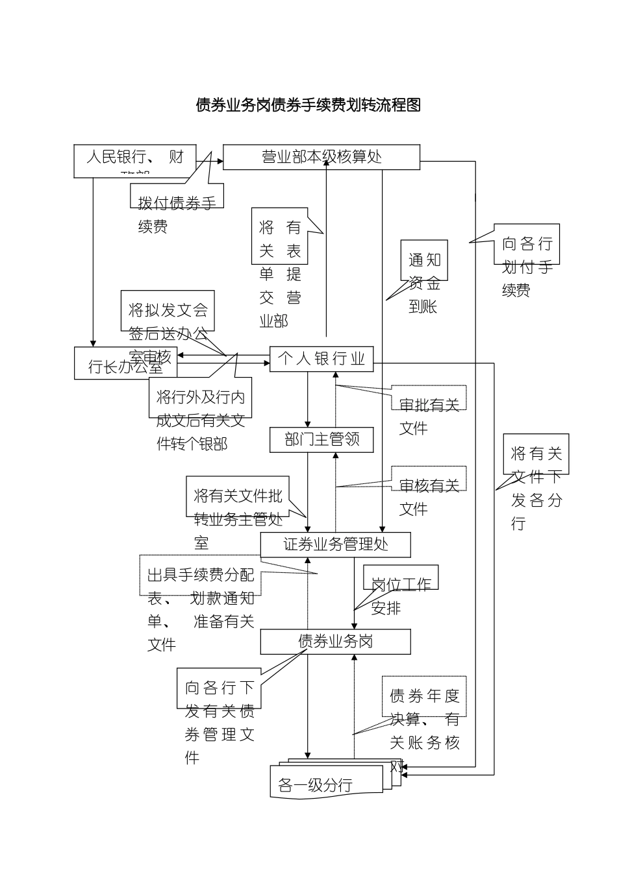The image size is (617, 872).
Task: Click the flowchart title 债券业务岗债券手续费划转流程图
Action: pyautogui.click(x=308, y=105)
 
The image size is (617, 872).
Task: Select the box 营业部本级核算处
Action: pyautogui.click(x=321, y=157)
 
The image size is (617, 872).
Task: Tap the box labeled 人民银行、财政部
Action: pyautogui.click(x=135, y=160)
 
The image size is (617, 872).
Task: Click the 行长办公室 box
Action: pyautogui.click(x=126, y=363)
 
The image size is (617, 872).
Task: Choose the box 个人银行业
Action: pyautogui.click(x=321, y=359)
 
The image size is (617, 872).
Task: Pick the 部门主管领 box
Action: pyautogui.click(x=321, y=440)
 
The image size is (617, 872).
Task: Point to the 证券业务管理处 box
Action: pyautogui.click(x=335, y=544)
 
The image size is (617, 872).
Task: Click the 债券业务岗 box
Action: pyautogui.click(x=335, y=642)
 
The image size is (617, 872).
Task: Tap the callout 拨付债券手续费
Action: pyautogui.click(x=177, y=204)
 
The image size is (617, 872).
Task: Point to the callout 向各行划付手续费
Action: pyautogui.click(x=526, y=255)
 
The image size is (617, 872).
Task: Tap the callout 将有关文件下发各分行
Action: pyautogui.click(x=536, y=464)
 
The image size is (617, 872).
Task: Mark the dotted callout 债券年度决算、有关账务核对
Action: pyautogui.click(x=424, y=708)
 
